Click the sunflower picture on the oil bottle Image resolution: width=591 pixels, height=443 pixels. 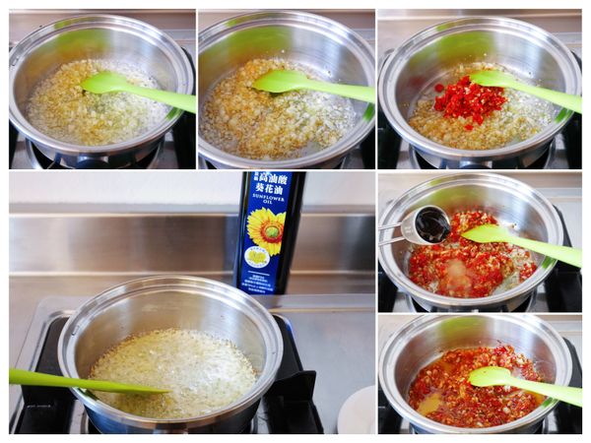click(265, 229)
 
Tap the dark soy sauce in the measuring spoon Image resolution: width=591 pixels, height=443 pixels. click(431, 225)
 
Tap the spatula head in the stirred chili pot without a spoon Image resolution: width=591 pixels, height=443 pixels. click(492, 376)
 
